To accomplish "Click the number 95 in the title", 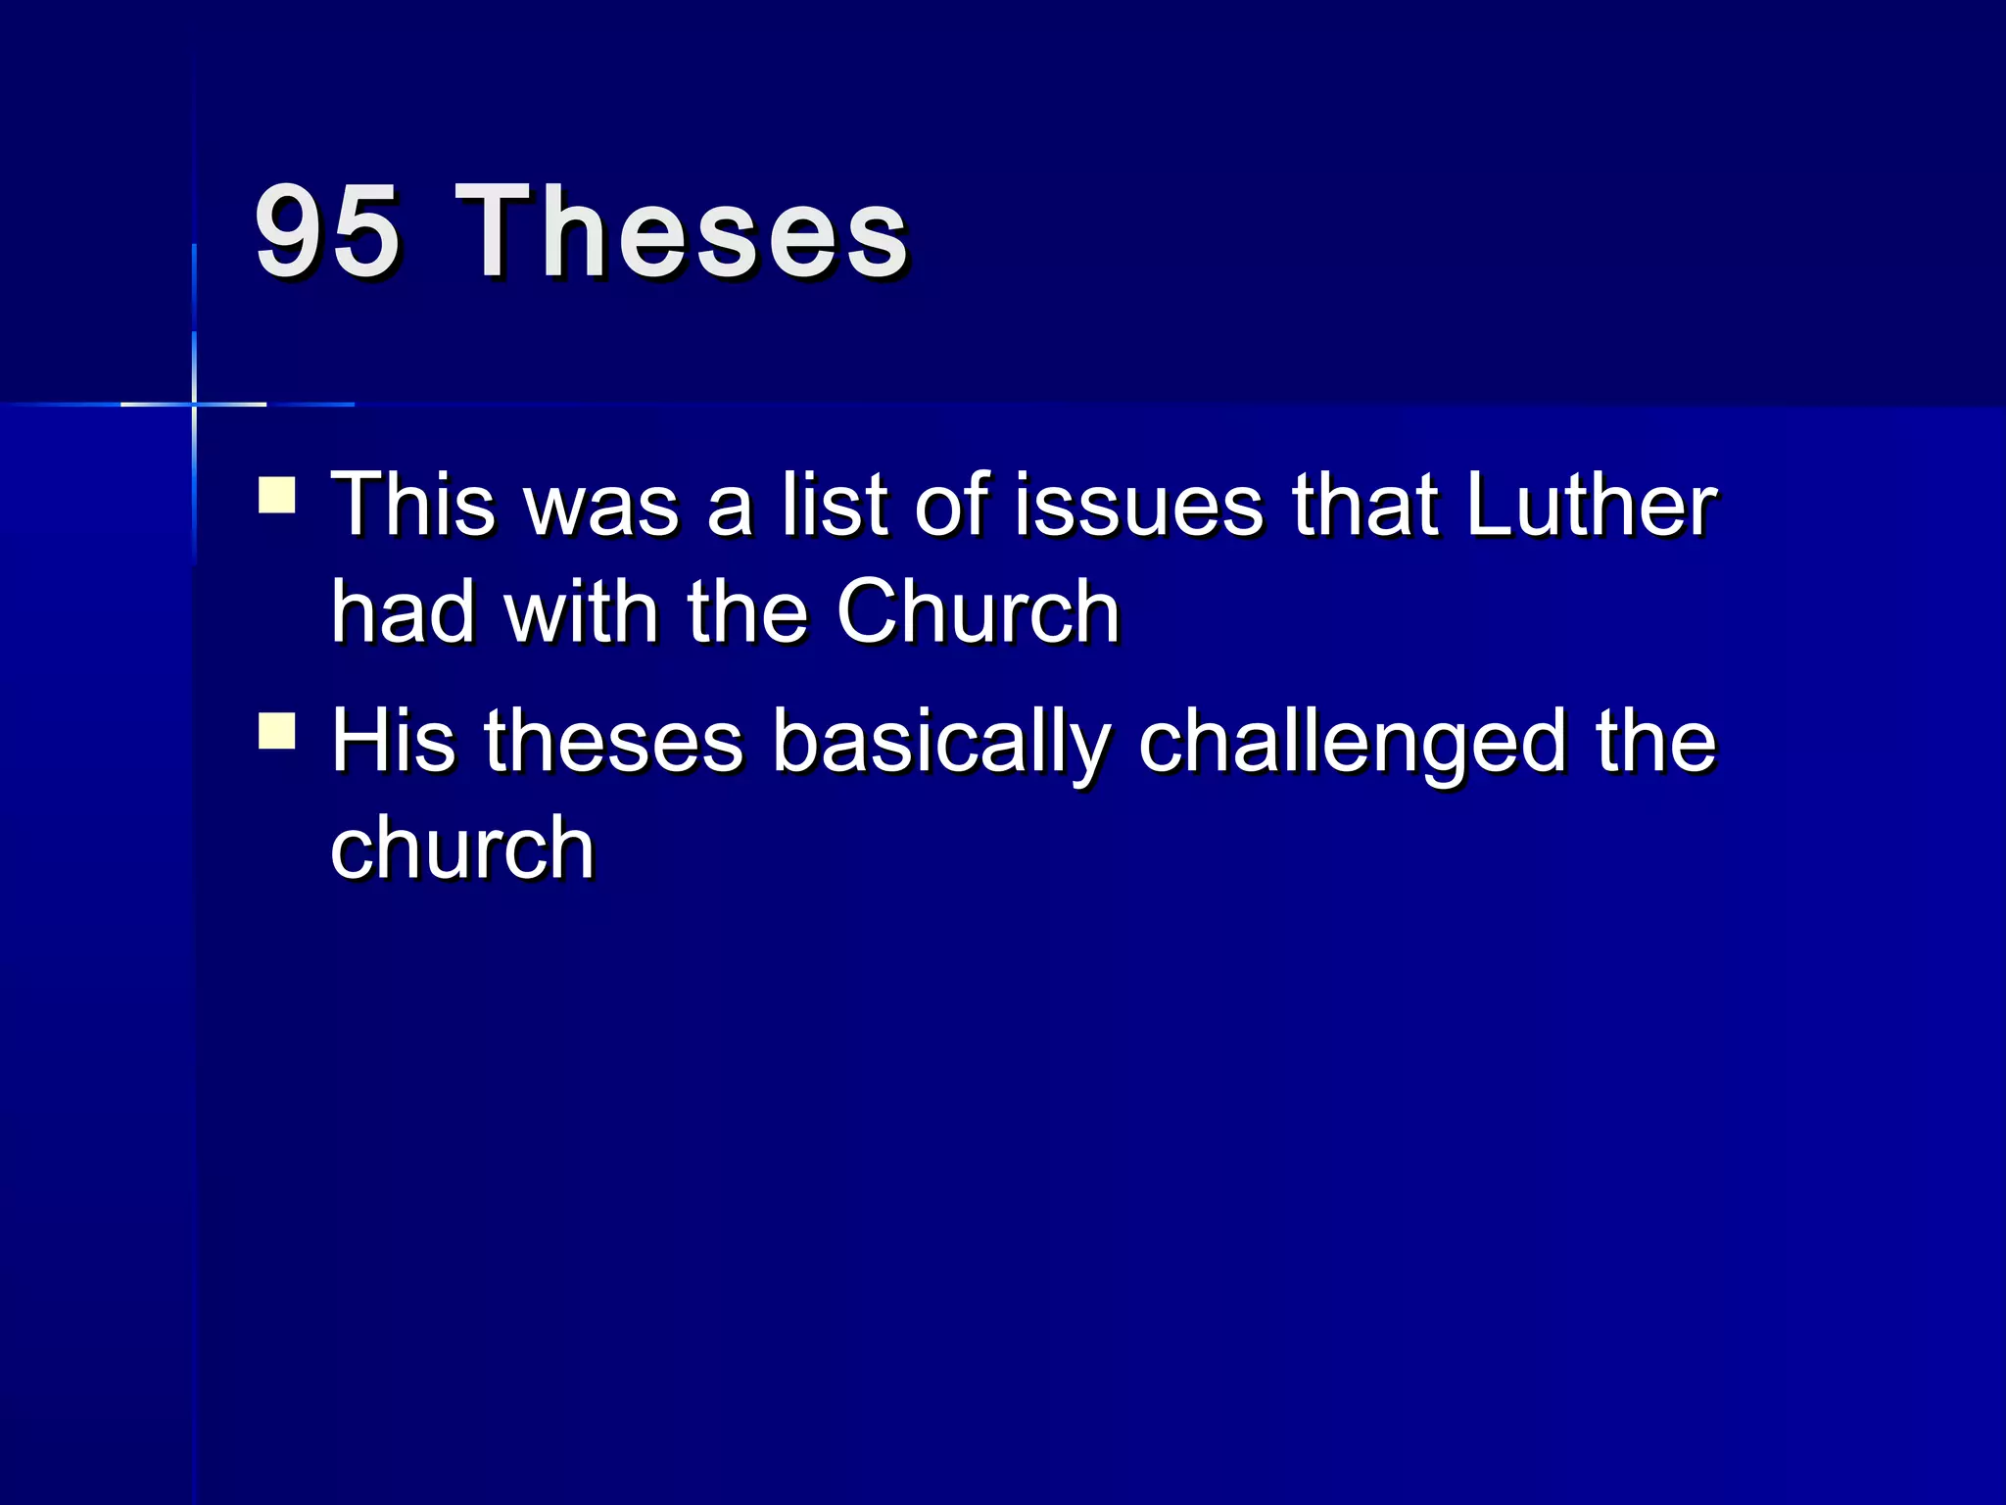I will click(x=327, y=233).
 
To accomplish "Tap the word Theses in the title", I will click(x=682, y=233).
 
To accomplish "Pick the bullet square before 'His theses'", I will click(x=277, y=730).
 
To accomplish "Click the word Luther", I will click(x=1591, y=505).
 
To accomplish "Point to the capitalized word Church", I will click(x=978, y=611).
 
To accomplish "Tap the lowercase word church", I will click(x=462, y=848).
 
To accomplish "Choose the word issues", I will click(x=1139, y=505).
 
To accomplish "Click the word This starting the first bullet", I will click(x=413, y=505).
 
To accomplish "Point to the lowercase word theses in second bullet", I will click(x=613, y=741).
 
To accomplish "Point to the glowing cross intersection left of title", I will click(x=194, y=404).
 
